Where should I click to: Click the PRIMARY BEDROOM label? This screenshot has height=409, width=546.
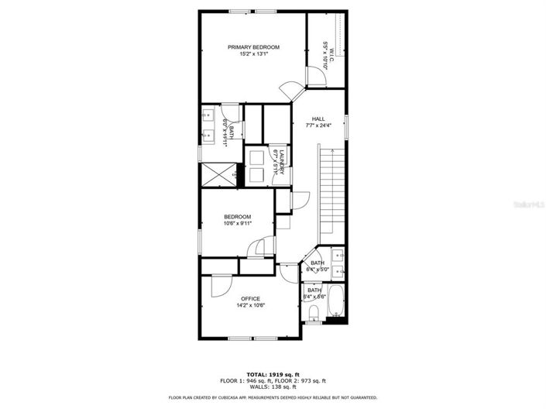[253, 47]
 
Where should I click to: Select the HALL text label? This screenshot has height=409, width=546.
[318, 119]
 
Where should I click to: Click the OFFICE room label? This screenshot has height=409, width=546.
[250, 298]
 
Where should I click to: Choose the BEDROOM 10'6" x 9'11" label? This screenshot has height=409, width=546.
[238, 217]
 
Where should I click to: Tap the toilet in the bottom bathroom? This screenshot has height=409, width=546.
[314, 312]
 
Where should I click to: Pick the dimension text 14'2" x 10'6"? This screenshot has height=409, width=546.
[250, 306]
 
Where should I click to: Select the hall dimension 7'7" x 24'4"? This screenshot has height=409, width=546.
[318, 125]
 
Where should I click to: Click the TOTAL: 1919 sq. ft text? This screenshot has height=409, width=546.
[273, 374]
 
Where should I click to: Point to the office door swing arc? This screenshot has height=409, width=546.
[219, 284]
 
